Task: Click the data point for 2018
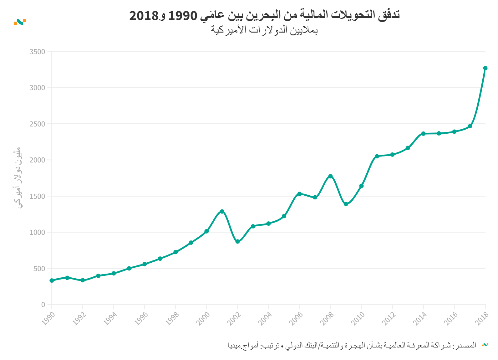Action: (485, 68)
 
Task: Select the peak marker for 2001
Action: (222, 211)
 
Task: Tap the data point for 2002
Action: (238, 242)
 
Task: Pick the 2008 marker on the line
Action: (330, 176)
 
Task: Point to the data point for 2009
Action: (346, 204)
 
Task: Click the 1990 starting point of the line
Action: (52, 280)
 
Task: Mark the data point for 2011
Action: (377, 156)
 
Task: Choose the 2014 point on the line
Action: (423, 134)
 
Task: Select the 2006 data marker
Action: (299, 194)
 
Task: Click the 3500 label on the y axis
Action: (37, 52)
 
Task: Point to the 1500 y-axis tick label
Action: (37, 196)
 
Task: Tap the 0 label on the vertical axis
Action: (43, 305)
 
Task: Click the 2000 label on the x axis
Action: (203, 319)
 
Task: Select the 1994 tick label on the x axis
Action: (110, 319)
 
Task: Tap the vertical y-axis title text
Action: (18, 177)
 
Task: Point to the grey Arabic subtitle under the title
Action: (264, 30)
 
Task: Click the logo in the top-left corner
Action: (20, 22)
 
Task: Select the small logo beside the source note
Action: (485, 345)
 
